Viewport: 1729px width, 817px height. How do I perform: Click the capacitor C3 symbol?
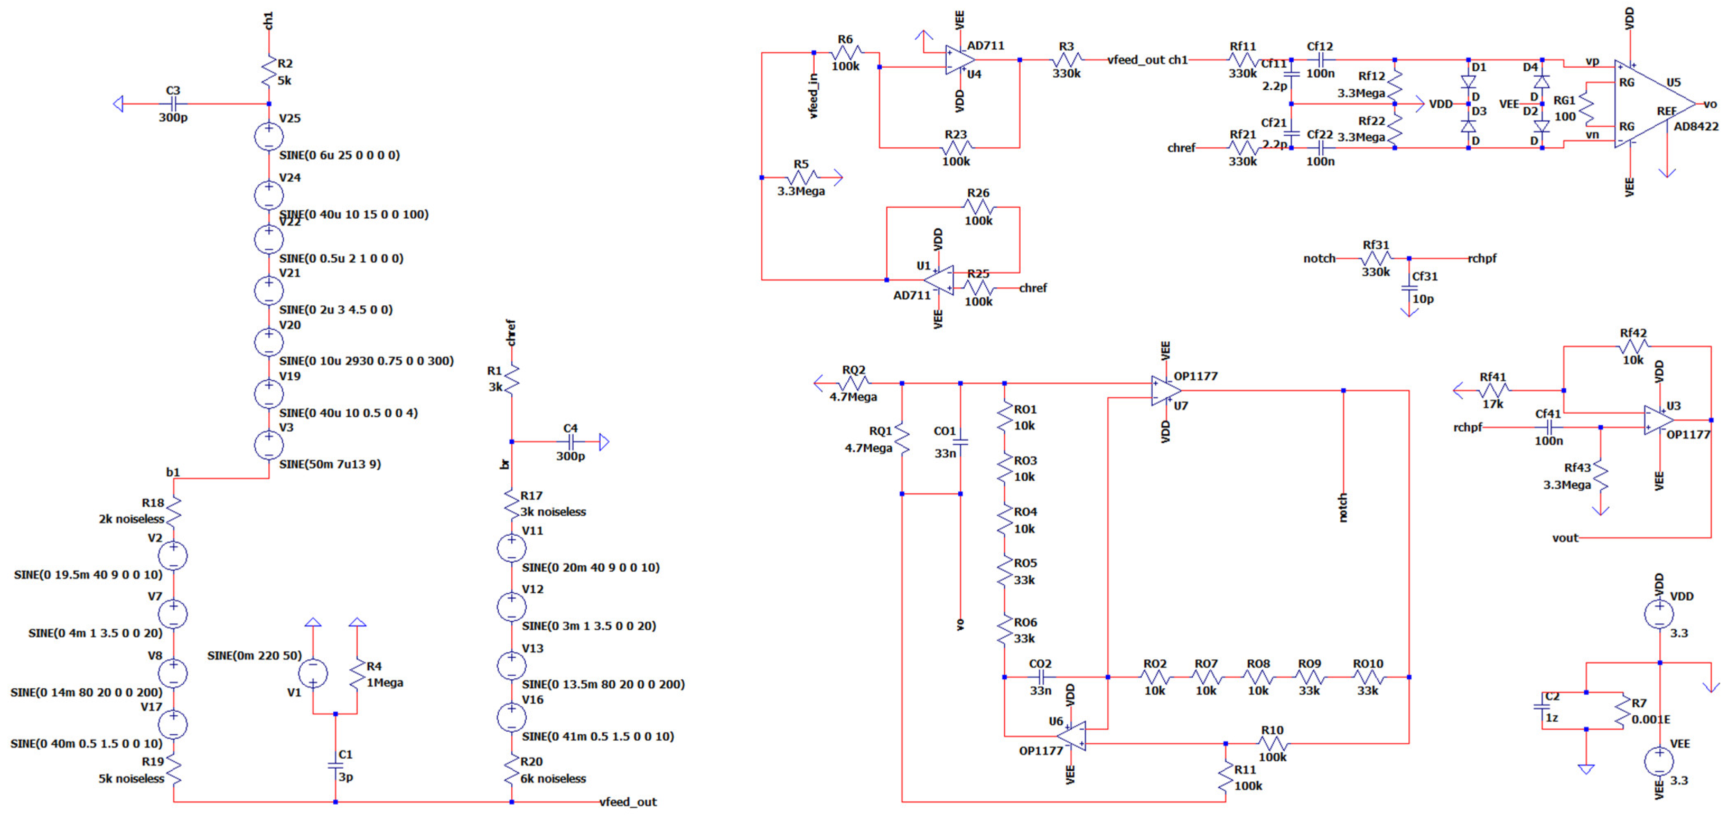[173, 104]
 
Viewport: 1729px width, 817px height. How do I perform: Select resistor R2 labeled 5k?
[269, 72]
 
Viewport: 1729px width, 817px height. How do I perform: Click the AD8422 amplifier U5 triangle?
[1651, 104]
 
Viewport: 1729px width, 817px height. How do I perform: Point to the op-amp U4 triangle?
[959, 60]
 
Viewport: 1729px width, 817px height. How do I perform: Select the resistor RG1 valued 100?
[1587, 107]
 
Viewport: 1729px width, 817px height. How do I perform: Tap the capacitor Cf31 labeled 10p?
[1409, 287]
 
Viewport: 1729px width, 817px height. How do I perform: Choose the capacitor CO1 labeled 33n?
[961, 442]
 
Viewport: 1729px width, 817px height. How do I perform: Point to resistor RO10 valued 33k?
[1367, 677]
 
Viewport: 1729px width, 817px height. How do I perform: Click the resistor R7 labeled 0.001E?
[1622, 711]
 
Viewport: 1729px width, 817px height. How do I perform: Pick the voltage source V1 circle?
[313, 673]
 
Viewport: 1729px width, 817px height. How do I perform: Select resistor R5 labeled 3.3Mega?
[802, 178]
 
